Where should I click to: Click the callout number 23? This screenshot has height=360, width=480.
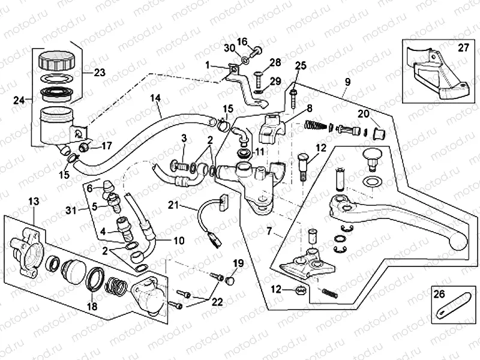pyautogui.click(x=99, y=73)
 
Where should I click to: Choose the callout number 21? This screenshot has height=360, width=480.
pyautogui.click(x=173, y=206)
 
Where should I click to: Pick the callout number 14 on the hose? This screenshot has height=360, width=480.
pyautogui.click(x=155, y=97)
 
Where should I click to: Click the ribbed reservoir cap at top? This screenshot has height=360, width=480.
pyautogui.click(x=55, y=61)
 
